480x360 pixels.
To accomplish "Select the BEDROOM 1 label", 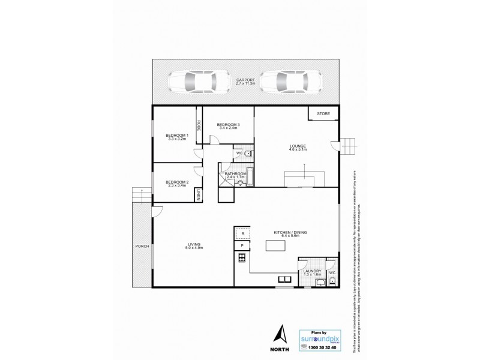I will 178,137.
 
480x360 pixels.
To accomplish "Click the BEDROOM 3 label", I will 228,125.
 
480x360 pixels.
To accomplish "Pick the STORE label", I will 323,113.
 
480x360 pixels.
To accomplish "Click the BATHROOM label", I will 236,175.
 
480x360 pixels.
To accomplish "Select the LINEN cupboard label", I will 197,194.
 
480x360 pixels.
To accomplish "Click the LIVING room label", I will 194,245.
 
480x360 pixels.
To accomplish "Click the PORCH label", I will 142,246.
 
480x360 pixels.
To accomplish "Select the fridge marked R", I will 242,234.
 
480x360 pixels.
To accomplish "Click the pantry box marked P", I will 242,246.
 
